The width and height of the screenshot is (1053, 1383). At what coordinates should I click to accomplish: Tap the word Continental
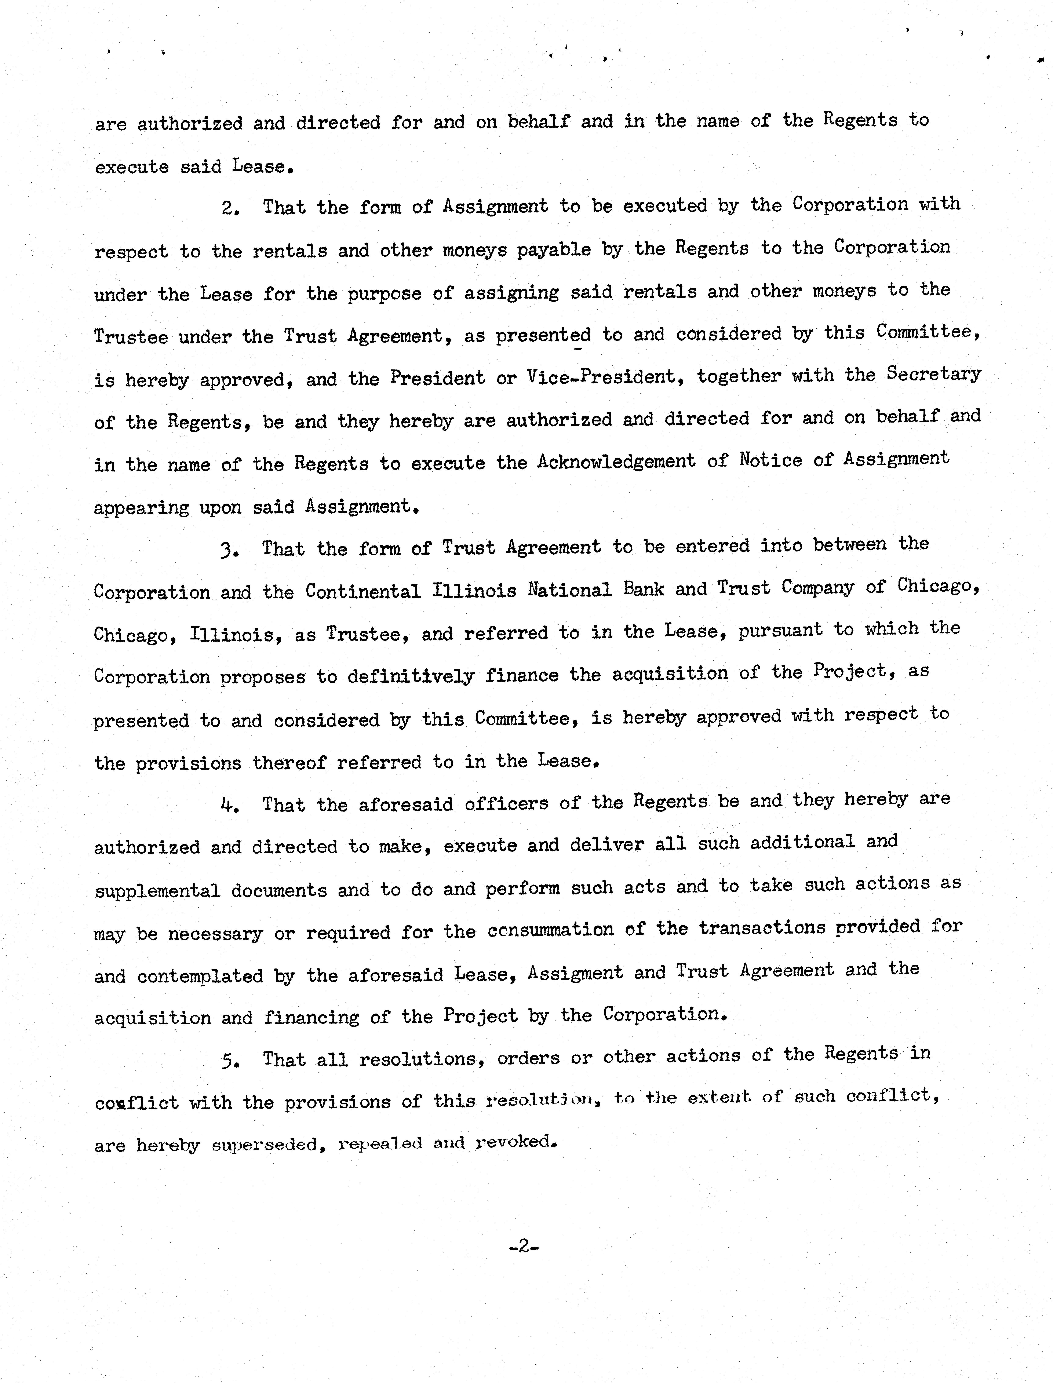363,591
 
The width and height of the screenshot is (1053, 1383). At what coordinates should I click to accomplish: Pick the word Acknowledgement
616,462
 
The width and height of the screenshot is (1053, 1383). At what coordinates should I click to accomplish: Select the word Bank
643,589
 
